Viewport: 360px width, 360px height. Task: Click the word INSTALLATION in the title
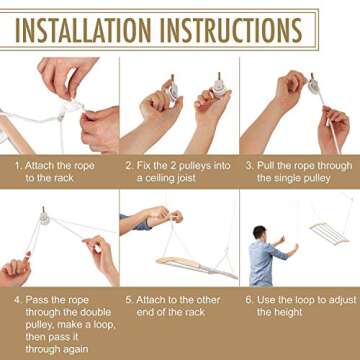[x=83, y=30]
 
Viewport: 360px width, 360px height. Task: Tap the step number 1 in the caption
[x=18, y=166]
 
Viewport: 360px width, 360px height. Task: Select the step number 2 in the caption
[x=130, y=166]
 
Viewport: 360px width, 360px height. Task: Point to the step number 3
[x=249, y=166]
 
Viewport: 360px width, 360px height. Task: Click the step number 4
[x=17, y=300]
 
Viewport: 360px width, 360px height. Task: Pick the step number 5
[x=129, y=300]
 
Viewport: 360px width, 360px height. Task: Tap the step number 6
[x=249, y=300]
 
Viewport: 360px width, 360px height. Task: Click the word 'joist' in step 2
[x=184, y=178]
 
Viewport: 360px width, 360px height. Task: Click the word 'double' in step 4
[x=96, y=312]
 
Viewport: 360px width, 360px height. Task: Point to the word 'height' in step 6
[x=290, y=313]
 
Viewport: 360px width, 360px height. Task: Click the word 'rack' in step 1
[x=63, y=178]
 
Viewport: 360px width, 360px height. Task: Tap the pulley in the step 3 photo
[x=313, y=86]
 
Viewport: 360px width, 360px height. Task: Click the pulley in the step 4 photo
[x=44, y=217]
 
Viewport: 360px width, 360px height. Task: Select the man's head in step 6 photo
[x=259, y=233]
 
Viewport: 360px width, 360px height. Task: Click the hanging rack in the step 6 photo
[x=329, y=232]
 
